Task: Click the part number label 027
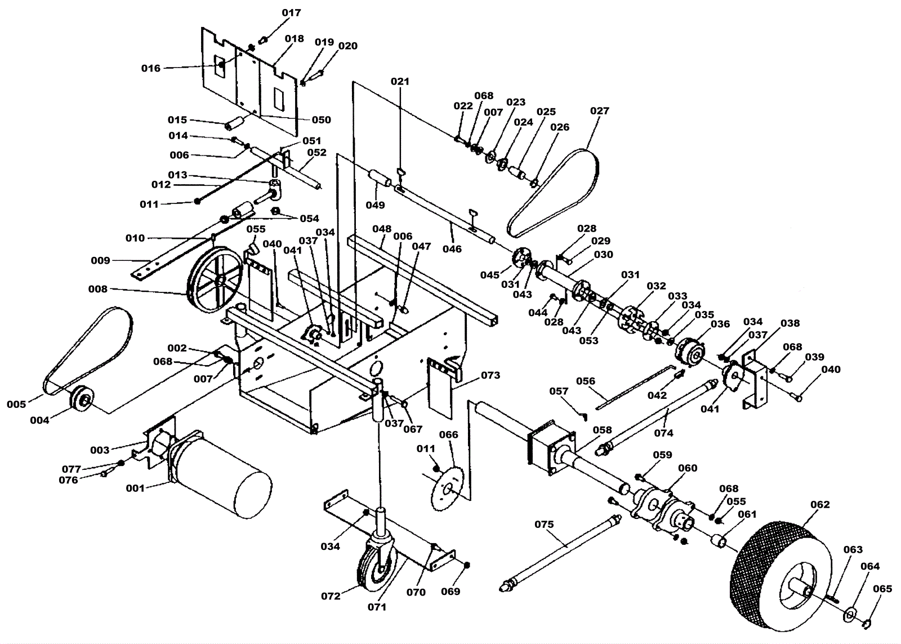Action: click(600, 111)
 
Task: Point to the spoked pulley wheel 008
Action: click(216, 282)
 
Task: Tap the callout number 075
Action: click(544, 524)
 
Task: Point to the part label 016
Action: click(150, 68)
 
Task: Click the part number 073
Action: click(490, 375)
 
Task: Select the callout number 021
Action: click(400, 81)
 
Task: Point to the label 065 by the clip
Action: click(882, 589)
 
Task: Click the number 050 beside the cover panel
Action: click(321, 119)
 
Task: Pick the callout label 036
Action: click(720, 324)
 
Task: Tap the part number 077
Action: click(72, 469)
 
